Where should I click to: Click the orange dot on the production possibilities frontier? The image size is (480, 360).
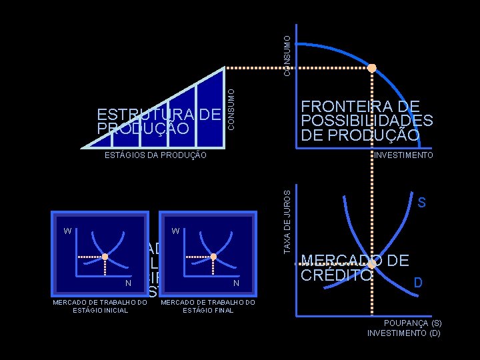click(x=372, y=68)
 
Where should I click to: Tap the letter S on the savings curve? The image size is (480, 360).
click(x=421, y=203)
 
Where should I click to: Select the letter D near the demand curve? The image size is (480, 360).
click(x=418, y=283)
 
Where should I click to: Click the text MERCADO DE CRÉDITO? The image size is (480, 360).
click(x=355, y=267)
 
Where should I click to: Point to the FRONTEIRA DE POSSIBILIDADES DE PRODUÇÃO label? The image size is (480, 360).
click(x=367, y=121)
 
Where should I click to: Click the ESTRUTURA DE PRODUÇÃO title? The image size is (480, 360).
click(x=158, y=121)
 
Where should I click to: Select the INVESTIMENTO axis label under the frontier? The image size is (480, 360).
click(x=404, y=155)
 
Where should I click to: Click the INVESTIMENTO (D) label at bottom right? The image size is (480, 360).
click(x=404, y=332)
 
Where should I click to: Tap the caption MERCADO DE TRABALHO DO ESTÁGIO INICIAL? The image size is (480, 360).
click(x=99, y=306)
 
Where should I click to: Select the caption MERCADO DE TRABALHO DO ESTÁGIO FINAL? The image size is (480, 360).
click(x=208, y=306)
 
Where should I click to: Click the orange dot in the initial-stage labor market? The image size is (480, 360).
click(x=105, y=256)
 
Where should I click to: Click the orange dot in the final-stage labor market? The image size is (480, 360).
click(x=213, y=256)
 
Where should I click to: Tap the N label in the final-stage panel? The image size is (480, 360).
click(x=236, y=284)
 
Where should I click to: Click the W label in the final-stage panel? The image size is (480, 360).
click(x=175, y=231)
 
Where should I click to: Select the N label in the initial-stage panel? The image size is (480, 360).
click(x=128, y=284)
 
